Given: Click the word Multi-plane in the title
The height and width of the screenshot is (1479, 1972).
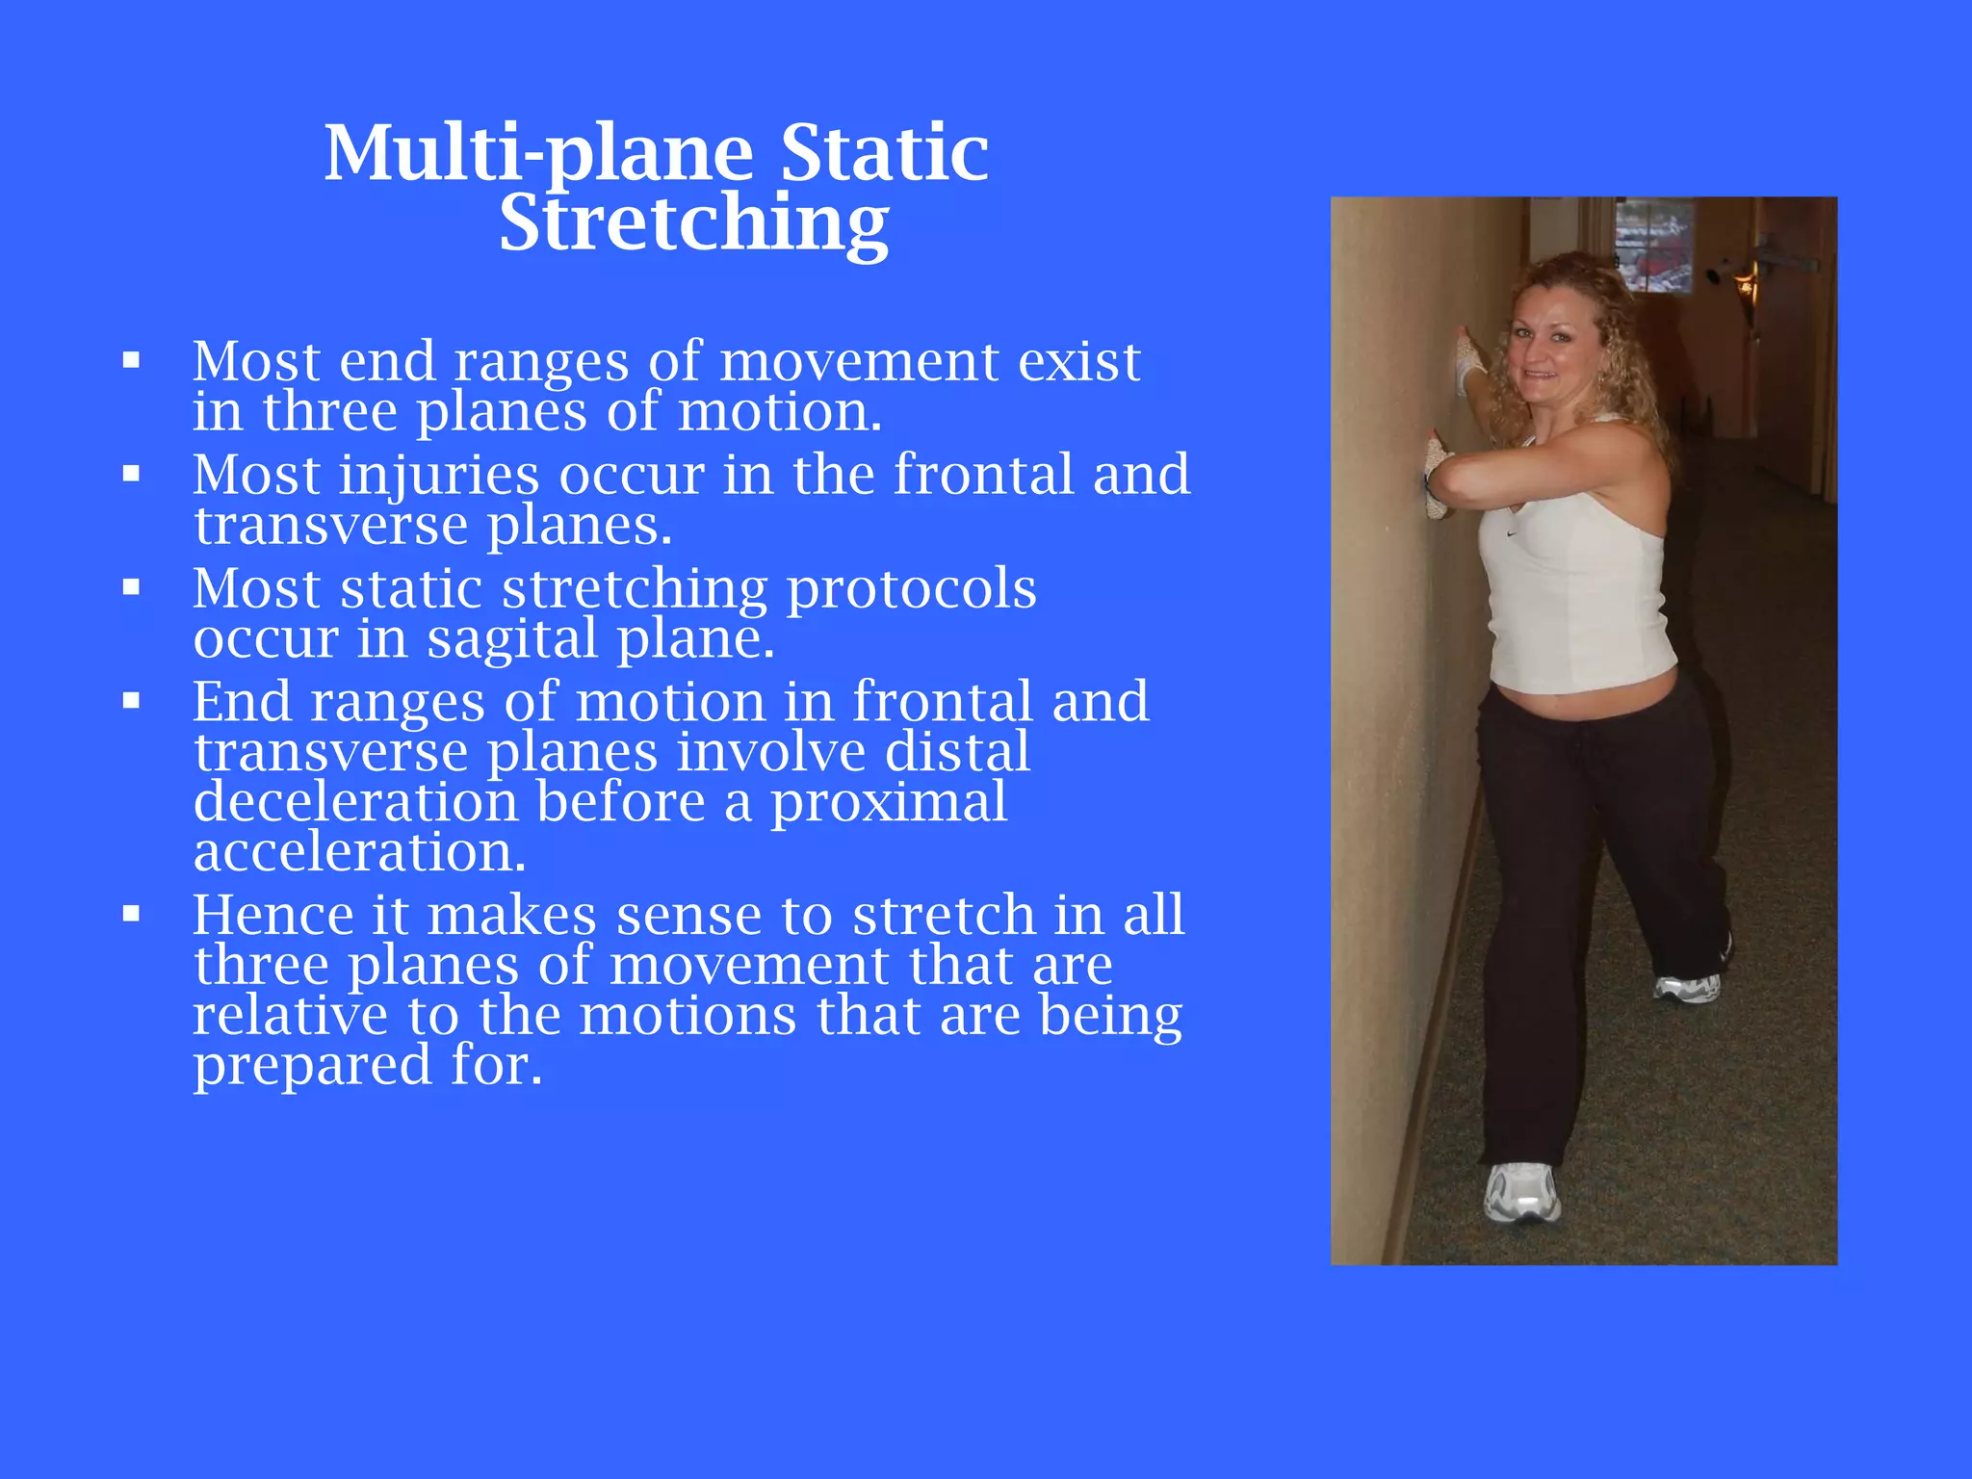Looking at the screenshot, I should click(538, 154).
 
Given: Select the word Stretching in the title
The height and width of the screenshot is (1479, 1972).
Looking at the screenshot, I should click(693, 224).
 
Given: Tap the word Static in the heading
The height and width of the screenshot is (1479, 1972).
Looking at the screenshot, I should click(883, 154).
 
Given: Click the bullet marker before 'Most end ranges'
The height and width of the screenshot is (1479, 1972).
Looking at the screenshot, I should click(132, 362).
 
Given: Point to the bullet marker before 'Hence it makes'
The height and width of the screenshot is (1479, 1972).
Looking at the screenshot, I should click(132, 915).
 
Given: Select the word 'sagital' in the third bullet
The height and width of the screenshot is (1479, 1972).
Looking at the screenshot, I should click(511, 638).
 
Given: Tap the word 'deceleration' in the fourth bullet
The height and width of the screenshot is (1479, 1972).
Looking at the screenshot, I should click(355, 802).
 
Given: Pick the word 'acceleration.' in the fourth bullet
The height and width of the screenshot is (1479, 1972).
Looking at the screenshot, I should click(359, 852).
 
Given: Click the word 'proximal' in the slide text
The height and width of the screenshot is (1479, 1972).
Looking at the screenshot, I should click(888, 802).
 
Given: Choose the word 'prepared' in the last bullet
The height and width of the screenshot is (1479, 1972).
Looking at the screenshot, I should click(312, 1066).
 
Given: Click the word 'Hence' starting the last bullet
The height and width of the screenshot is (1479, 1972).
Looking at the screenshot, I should click(273, 915).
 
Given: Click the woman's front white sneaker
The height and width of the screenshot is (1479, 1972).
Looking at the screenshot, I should click(1521, 1192).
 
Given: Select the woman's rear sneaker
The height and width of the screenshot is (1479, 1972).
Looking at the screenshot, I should click(1687, 987).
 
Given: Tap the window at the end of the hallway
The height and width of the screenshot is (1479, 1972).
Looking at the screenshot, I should click(1654, 246).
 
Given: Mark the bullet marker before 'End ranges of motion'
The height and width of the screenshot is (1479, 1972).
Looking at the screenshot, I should click(132, 702).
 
